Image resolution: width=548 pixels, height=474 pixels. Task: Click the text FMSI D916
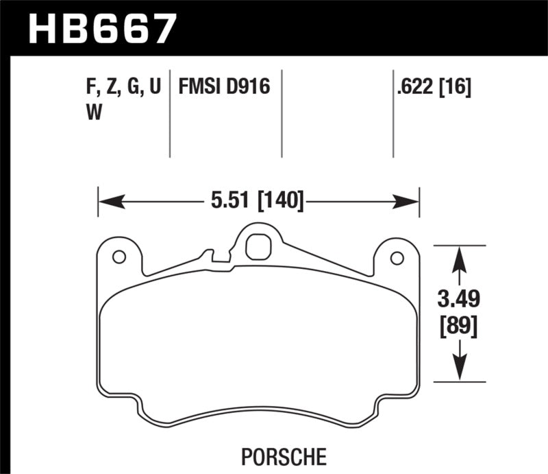pos(225,88)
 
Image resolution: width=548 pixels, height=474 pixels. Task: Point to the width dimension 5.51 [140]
pos(256,202)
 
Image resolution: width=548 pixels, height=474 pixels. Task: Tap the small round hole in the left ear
pos(118,257)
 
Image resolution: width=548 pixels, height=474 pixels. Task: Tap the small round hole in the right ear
pos(396,257)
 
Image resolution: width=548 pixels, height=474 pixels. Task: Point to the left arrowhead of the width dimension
pos(110,202)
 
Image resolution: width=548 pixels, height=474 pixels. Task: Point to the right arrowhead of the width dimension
pos(408,202)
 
